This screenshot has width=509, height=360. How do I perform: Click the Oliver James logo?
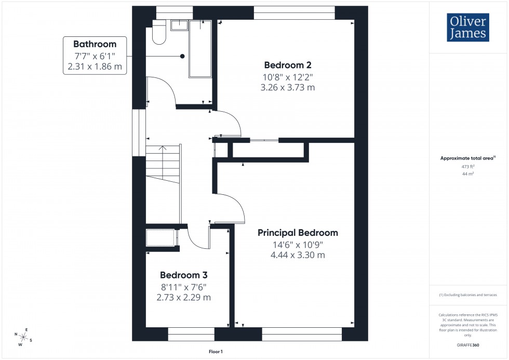pos(467,28)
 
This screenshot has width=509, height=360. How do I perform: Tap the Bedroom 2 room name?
pos(287,65)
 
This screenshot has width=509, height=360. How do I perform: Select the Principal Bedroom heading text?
pos(298,233)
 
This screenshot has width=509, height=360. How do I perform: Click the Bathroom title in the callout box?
pos(95,44)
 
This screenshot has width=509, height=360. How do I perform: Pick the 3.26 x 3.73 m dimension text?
pos(287,88)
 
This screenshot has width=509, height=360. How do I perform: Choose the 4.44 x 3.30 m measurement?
pos(298,255)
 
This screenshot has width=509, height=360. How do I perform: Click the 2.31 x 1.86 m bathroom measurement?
pos(95,67)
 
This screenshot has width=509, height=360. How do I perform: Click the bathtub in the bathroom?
pos(200,49)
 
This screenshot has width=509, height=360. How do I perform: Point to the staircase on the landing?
pos(163,163)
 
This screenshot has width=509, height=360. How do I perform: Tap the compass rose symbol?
pos(23,338)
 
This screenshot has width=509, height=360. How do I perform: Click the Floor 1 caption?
pos(215,352)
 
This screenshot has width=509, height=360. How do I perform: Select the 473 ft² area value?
pos(468,167)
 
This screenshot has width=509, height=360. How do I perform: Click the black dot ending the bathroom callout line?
pos(182,56)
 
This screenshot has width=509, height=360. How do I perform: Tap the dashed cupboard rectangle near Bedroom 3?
pos(160,237)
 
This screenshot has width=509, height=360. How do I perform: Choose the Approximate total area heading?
pos(467,158)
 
